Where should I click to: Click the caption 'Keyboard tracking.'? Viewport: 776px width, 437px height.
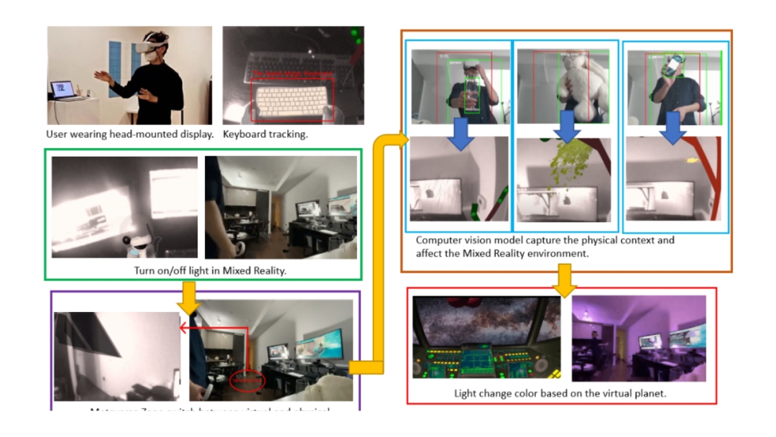[x=265, y=134]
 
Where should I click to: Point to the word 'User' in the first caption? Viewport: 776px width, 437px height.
[x=57, y=134]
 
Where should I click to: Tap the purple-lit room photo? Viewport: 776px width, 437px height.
[x=638, y=338]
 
